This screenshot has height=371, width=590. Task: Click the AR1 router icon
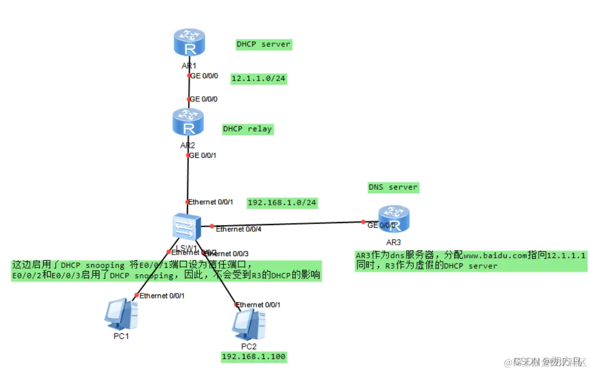(189, 43)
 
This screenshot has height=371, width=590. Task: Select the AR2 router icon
(189, 122)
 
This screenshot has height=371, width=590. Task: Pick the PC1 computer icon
(121, 314)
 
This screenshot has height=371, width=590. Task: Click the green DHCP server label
(264, 44)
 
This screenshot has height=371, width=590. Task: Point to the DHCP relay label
(248, 129)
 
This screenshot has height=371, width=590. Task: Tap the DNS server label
(393, 187)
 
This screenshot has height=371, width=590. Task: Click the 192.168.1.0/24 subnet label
(282, 202)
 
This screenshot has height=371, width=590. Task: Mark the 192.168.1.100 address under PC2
(254, 357)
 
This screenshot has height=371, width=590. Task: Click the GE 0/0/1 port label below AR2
(204, 155)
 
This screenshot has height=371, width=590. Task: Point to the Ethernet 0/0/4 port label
(238, 229)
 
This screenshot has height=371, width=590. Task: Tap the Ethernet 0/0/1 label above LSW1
(211, 202)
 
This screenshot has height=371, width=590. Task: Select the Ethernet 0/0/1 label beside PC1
(162, 295)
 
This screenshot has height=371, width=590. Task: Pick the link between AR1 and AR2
(189, 87)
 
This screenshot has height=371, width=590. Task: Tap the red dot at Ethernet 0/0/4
(211, 226)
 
